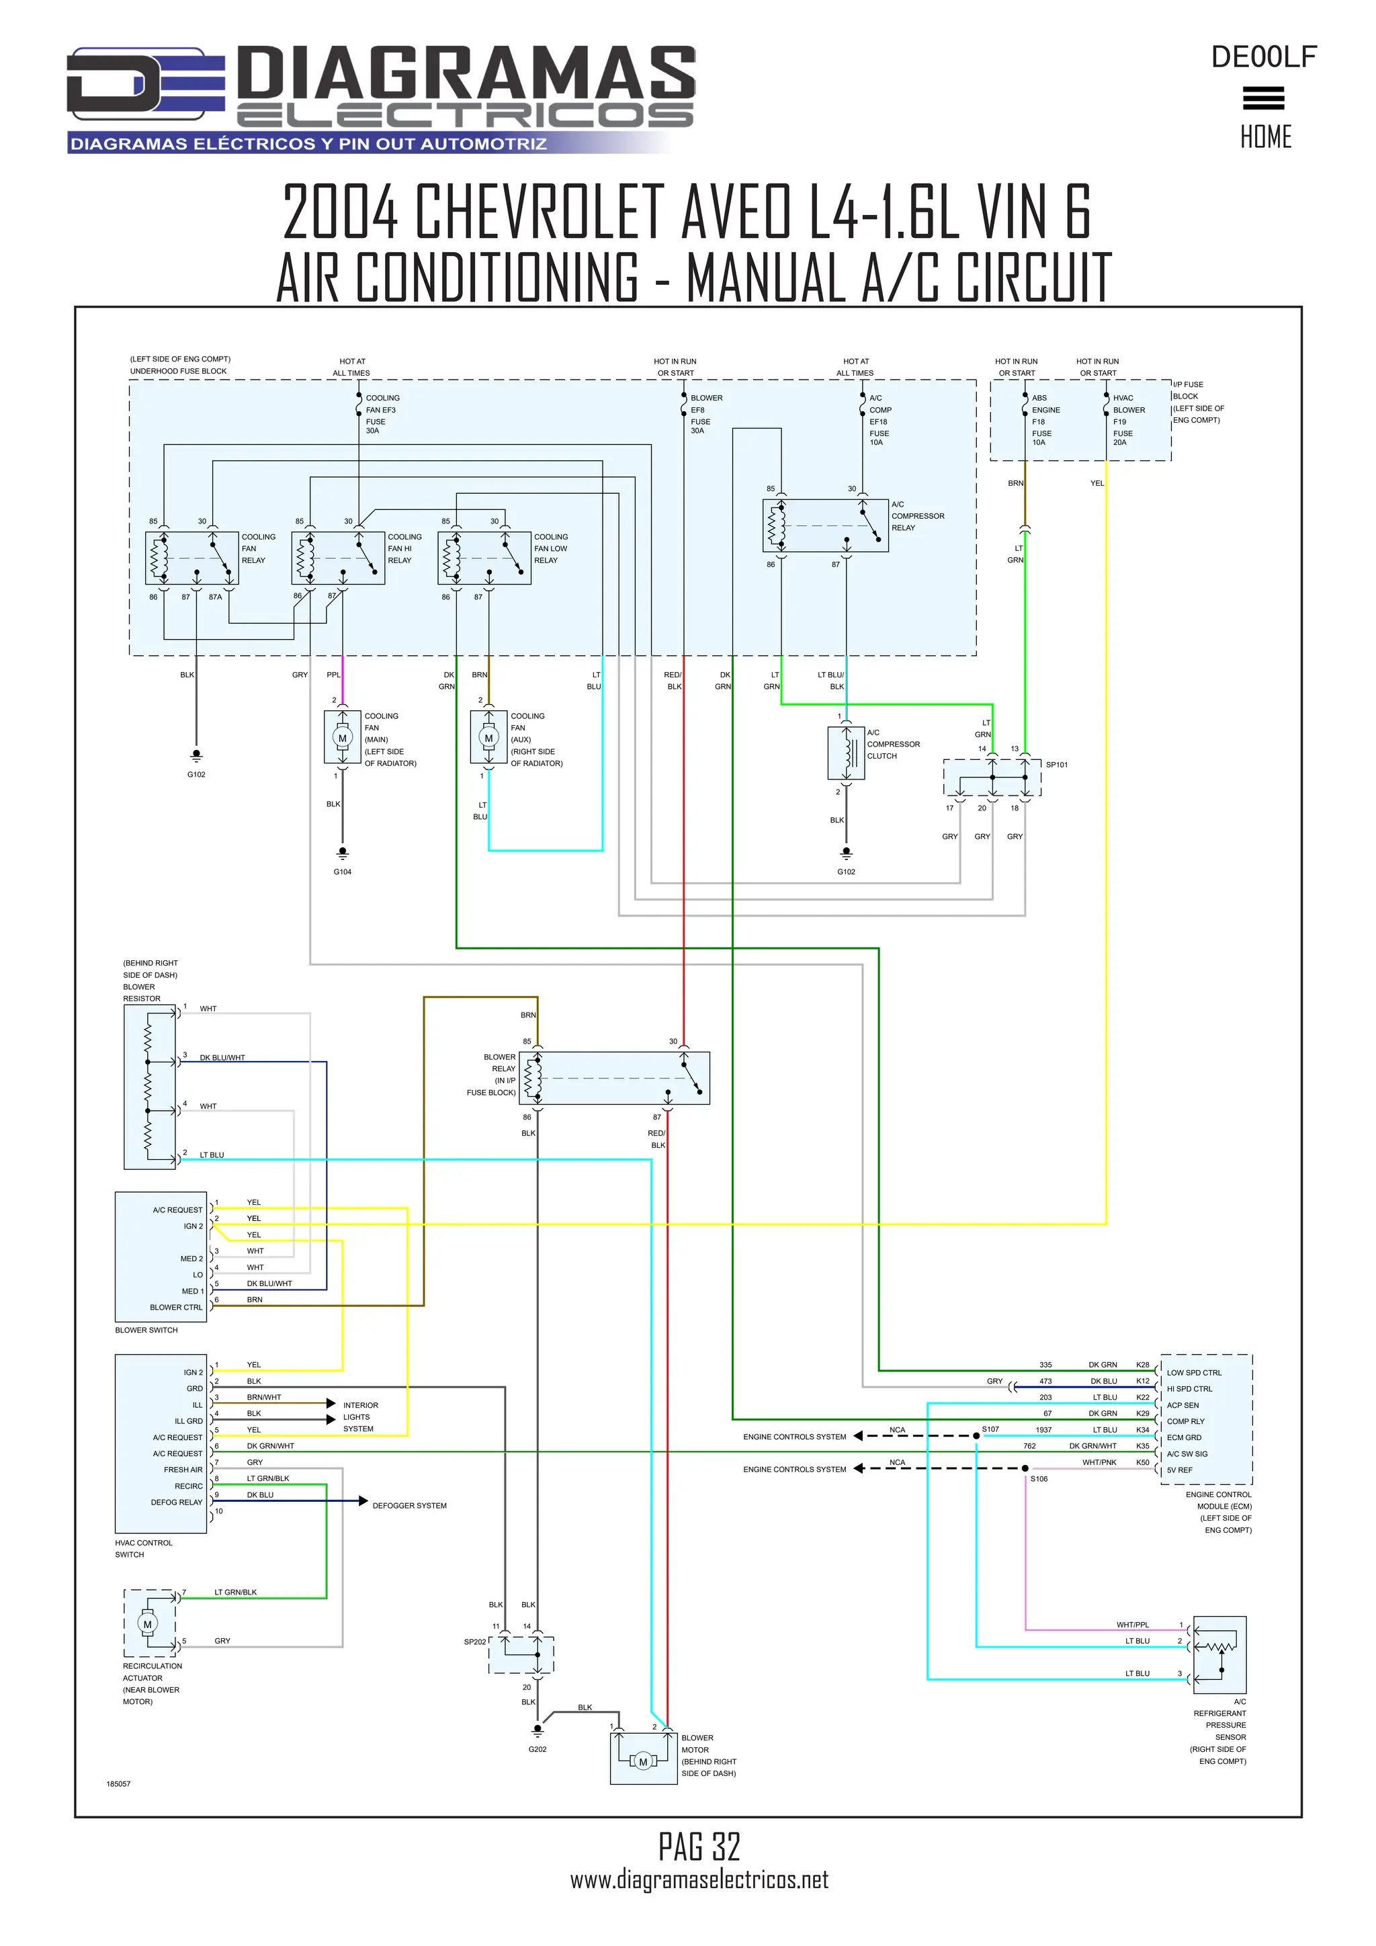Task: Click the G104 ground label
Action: click(342, 872)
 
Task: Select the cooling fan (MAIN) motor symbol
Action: click(342, 738)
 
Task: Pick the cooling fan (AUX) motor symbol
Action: click(488, 738)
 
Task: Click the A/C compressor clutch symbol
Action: click(846, 753)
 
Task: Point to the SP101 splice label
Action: click(1057, 765)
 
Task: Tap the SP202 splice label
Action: click(474, 1642)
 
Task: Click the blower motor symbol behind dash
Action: click(643, 1762)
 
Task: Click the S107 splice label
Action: click(990, 1429)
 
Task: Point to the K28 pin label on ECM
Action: click(1142, 1365)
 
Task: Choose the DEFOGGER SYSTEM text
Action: click(409, 1505)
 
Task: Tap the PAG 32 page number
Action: click(699, 1846)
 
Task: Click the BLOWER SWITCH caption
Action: click(146, 1330)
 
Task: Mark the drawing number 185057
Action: click(119, 1784)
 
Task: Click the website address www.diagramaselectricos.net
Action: click(699, 1880)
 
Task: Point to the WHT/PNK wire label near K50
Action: click(1099, 1462)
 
